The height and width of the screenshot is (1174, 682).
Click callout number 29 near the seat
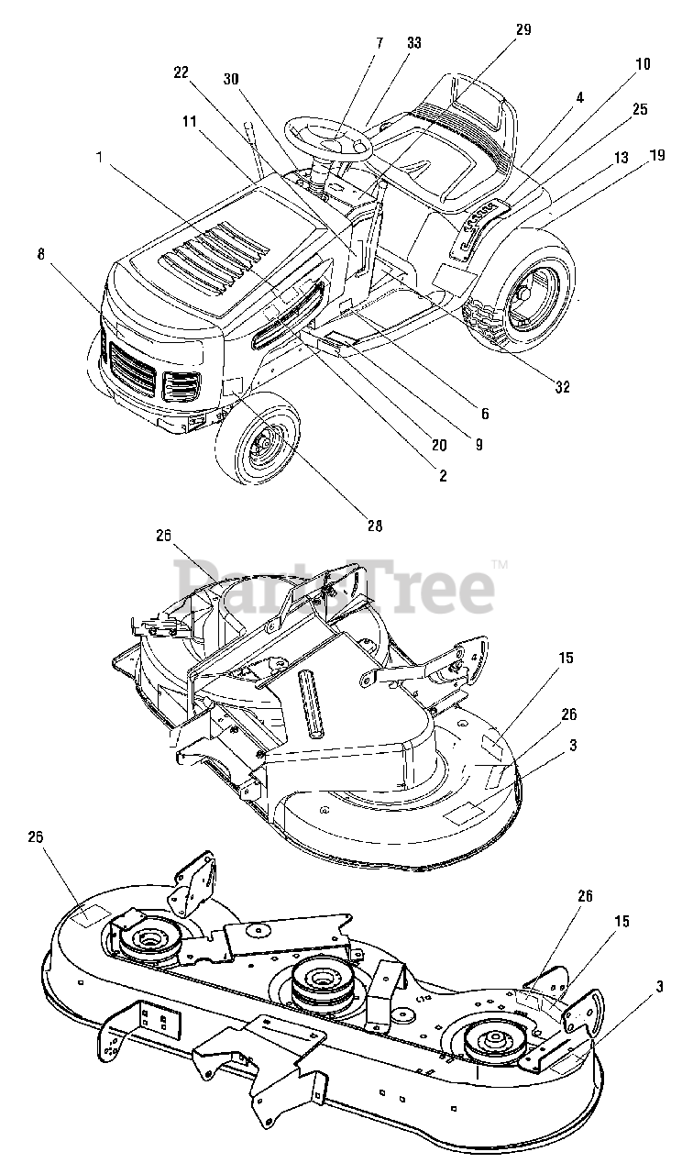522,29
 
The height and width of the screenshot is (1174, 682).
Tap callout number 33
413,43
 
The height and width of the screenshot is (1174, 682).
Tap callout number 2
442,475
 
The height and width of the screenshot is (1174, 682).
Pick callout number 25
639,108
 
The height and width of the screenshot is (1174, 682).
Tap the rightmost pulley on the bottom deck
488,1043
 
